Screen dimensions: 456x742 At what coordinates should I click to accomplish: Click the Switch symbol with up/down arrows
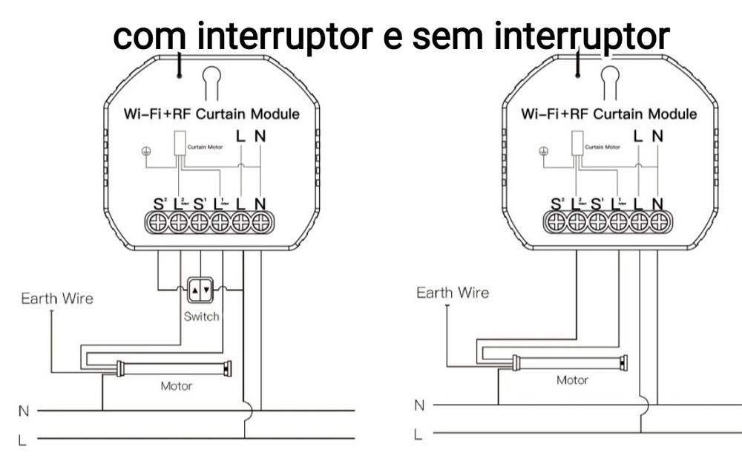(201, 290)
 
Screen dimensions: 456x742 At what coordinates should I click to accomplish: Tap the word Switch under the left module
(201, 316)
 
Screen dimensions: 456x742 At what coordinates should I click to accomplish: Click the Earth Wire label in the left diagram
(57, 299)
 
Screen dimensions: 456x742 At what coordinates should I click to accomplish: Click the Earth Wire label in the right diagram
(453, 293)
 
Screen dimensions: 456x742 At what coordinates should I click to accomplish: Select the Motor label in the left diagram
(176, 386)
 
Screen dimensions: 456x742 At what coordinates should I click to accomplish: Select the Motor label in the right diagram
(572, 380)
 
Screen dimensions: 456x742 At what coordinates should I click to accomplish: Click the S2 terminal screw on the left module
(158, 221)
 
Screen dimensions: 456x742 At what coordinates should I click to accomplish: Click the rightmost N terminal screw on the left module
(260, 221)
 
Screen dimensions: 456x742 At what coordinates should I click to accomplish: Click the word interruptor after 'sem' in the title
(582, 37)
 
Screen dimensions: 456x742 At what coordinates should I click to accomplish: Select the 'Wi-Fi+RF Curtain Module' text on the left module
(211, 114)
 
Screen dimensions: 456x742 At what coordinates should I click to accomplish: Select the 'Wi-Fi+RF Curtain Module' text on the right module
(608, 114)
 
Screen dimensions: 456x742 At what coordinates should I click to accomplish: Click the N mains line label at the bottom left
(22, 409)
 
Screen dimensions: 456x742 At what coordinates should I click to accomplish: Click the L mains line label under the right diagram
(418, 433)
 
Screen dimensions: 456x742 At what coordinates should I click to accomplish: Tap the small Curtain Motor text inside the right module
(603, 147)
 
